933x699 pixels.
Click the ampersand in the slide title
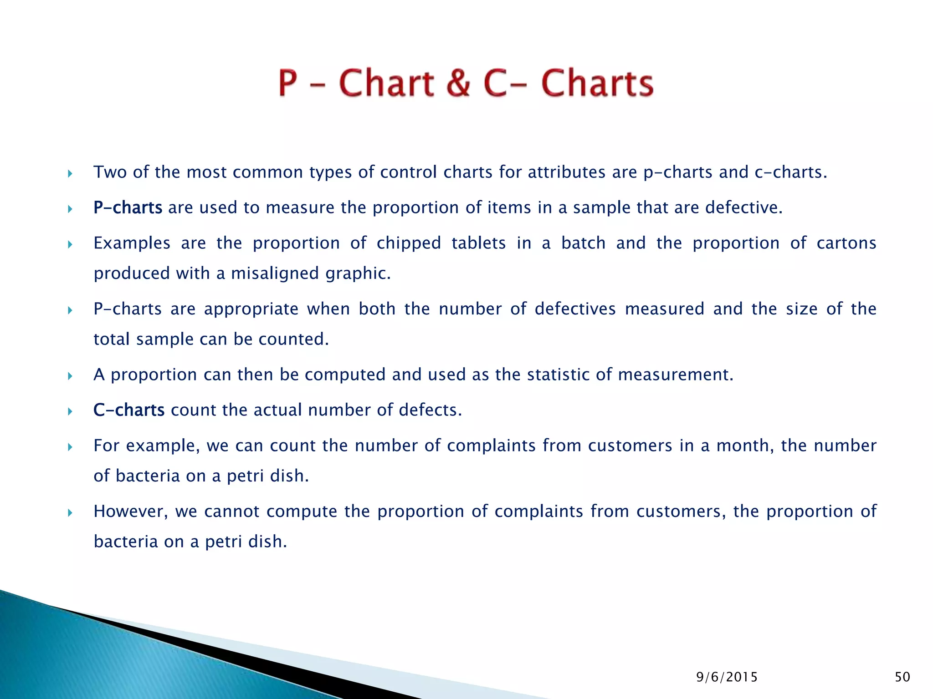pyautogui.click(x=458, y=83)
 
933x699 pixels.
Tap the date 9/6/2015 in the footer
pyautogui.click(x=727, y=677)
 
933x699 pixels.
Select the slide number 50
pyautogui.click(x=902, y=677)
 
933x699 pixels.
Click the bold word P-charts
pyautogui.click(x=128, y=208)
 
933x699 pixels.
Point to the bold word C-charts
pyautogui.click(x=128, y=410)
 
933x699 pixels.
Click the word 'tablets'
pyautogui.click(x=478, y=243)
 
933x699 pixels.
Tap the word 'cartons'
pyautogui.click(x=846, y=243)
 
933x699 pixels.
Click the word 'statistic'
pyautogui.click(x=558, y=375)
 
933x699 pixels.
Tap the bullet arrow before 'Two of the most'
pyautogui.click(x=70, y=173)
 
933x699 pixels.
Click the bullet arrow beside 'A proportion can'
pyautogui.click(x=70, y=376)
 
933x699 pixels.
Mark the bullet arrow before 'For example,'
pyautogui.click(x=70, y=447)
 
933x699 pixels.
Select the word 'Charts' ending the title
pyautogui.click(x=597, y=83)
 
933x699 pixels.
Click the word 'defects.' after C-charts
pyautogui.click(x=430, y=410)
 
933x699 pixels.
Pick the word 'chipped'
pyautogui.click(x=409, y=243)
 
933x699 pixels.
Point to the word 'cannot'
pyautogui.click(x=231, y=512)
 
